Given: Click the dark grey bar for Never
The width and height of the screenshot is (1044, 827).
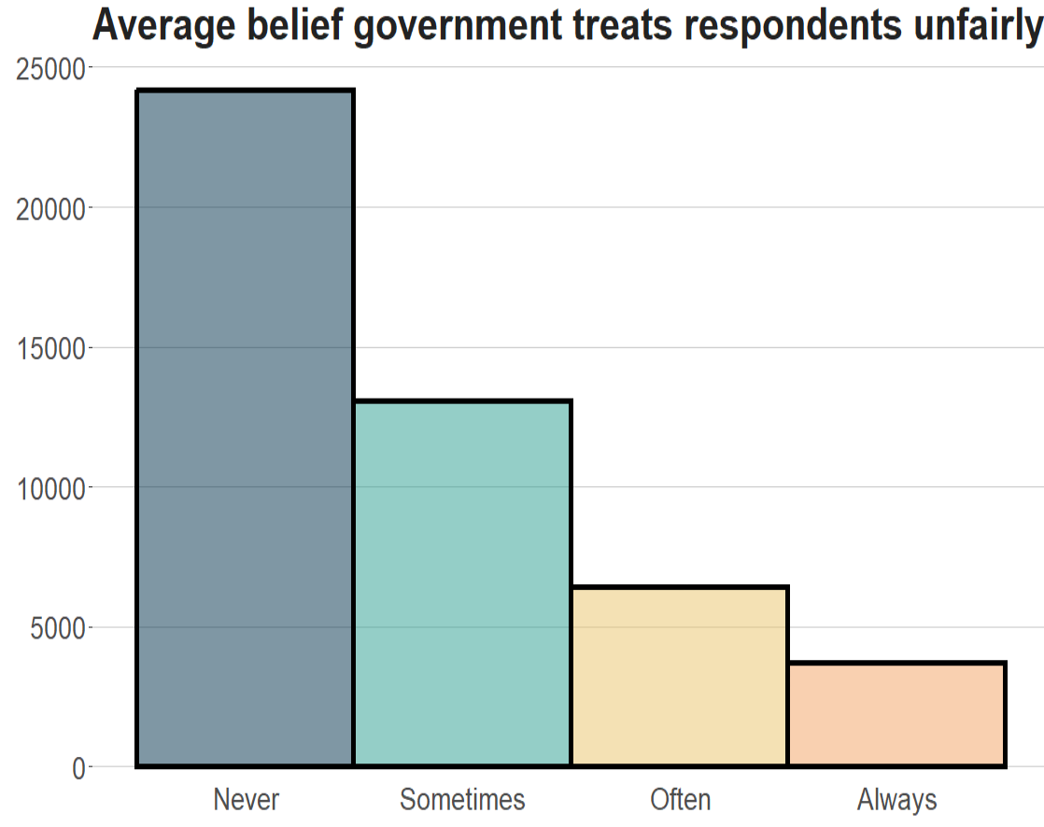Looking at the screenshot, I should point(245,428).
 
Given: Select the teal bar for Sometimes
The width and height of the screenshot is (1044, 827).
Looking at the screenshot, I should point(462,584).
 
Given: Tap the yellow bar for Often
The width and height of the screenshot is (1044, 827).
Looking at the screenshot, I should point(680,677).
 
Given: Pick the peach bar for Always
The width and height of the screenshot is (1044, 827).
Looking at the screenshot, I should point(896,715).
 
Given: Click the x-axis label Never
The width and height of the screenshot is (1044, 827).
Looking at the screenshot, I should point(246,800).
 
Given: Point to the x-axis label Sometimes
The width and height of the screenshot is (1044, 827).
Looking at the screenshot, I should point(462,800).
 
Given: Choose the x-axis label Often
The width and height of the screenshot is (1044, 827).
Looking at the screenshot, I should point(680,800).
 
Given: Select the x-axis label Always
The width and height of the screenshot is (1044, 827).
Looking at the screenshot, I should point(896,800).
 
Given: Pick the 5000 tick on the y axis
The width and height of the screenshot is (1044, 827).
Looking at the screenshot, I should point(56,627).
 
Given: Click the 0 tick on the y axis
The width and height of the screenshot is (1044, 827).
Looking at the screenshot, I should point(78,767).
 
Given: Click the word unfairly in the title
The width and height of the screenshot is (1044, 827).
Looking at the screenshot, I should point(971,25).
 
